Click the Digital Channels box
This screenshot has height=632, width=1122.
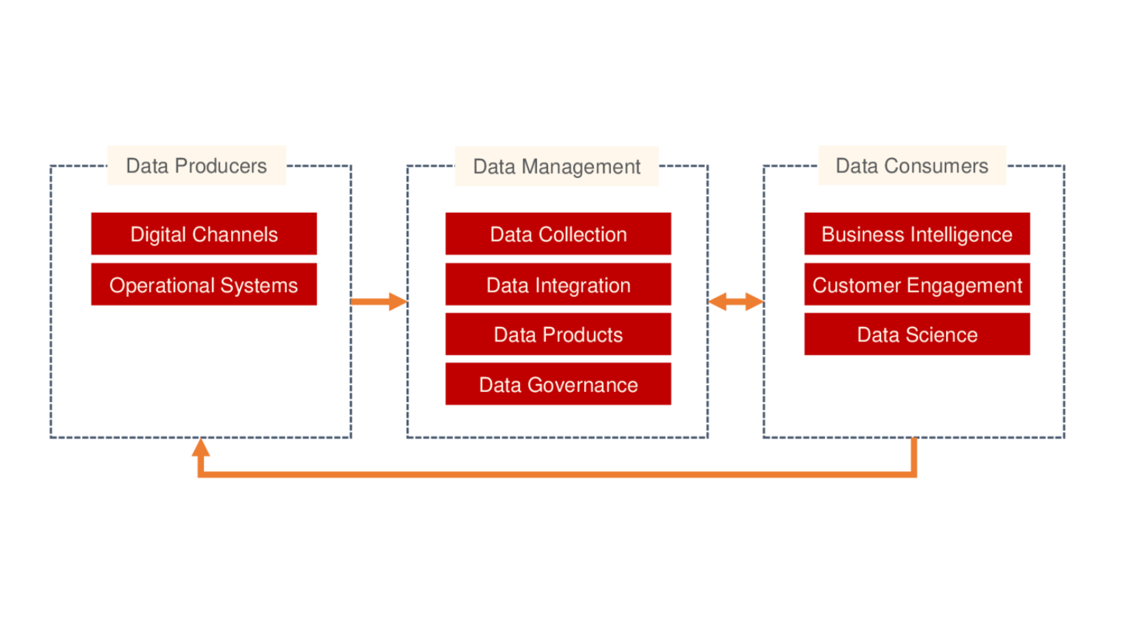pyautogui.click(x=203, y=234)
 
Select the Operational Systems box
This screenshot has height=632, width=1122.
pyautogui.click(x=203, y=284)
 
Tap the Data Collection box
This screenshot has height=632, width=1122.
pyautogui.click(x=557, y=234)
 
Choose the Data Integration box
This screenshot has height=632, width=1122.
pyautogui.click(x=557, y=284)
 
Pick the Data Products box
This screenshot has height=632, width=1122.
pyautogui.click(x=557, y=334)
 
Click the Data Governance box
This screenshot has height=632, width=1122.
pyautogui.click(x=557, y=384)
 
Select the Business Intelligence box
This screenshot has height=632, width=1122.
pyautogui.click(x=916, y=234)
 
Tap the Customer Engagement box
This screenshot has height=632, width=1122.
pyautogui.click(x=916, y=284)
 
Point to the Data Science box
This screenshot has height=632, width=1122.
pyautogui.click(x=916, y=334)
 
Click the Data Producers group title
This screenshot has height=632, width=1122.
pyautogui.click(x=196, y=166)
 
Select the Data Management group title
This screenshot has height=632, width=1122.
pyautogui.click(x=556, y=166)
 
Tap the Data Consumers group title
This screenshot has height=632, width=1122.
pyautogui.click(x=912, y=166)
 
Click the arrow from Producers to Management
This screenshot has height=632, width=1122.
pyautogui.click(x=379, y=301)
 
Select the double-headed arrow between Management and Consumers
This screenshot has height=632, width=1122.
pyautogui.click(x=736, y=301)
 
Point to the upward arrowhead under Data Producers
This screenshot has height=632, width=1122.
pyautogui.click(x=200, y=449)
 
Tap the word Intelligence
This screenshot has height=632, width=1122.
pyautogui.click(x=961, y=234)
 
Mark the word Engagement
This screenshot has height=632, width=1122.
pyautogui.click(x=964, y=285)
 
